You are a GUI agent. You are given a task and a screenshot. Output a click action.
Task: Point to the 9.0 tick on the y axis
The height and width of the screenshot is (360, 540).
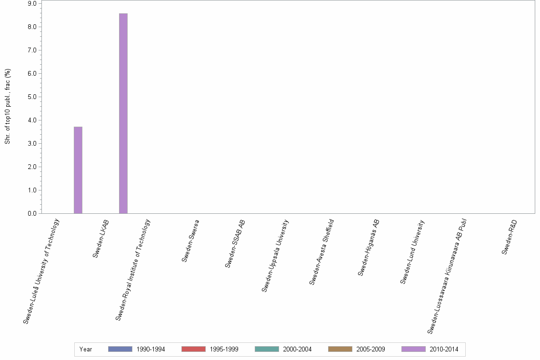click(x=32, y=4)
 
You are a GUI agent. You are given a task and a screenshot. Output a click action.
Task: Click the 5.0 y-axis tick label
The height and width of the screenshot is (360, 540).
click(x=32, y=97)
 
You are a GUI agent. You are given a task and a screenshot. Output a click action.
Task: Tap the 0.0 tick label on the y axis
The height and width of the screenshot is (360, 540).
click(x=32, y=214)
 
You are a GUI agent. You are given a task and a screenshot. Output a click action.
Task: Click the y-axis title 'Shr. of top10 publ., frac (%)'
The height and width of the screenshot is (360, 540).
click(x=8, y=107)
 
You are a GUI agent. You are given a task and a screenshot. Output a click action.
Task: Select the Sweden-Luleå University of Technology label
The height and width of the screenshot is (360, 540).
click(x=42, y=271)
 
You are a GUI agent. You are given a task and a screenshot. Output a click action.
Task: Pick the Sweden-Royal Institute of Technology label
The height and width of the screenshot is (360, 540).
click(x=133, y=269)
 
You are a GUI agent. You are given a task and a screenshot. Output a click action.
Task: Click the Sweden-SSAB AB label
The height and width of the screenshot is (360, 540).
click(x=235, y=243)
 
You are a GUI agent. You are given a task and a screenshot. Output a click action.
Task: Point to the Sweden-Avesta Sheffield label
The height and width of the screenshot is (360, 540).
click(x=322, y=252)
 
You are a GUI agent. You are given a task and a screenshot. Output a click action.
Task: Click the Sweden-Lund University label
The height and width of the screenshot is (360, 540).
click(x=412, y=251)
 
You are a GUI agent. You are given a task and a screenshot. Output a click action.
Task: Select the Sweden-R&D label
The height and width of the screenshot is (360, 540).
click(x=510, y=237)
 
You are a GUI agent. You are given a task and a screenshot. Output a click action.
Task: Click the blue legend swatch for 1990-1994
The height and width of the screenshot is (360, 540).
click(x=120, y=349)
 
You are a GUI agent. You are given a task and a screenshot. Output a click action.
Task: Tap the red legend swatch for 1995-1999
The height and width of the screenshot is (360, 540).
click(x=193, y=349)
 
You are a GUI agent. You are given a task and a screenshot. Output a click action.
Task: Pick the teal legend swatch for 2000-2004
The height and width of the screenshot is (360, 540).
click(x=267, y=349)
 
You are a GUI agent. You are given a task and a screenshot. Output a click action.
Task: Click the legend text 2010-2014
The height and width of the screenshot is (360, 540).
click(x=443, y=350)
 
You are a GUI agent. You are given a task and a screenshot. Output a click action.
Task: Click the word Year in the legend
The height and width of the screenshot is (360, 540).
click(x=86, y=350)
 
